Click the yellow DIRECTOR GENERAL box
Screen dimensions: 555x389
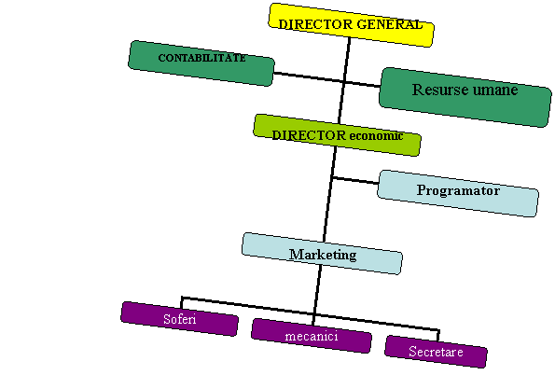tap(351, 25)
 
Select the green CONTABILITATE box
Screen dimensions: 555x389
tap(201, 63)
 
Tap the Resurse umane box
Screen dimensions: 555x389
tap(465, 97)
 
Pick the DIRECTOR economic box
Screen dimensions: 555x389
tap(337, 135)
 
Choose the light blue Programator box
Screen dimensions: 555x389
tap(458, 193)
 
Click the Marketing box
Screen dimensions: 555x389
tap(322, 254)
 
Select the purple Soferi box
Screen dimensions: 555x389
tap(179, 318)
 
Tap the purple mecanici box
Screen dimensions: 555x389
tap(312, 336)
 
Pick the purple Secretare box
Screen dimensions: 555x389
tap(437, 352)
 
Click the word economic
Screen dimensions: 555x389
tap(376, 135)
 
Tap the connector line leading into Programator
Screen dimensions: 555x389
tap(355, 180)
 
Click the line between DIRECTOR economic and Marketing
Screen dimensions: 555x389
tap(329, 195)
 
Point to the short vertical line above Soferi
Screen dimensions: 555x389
tap(182, 303)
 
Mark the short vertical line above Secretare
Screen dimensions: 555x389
tap(438, 336)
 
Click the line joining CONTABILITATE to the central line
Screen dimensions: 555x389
tap(309, 77)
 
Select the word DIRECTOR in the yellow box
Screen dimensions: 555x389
tap(315, 24)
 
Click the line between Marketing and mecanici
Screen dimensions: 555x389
tap(317, 295)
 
